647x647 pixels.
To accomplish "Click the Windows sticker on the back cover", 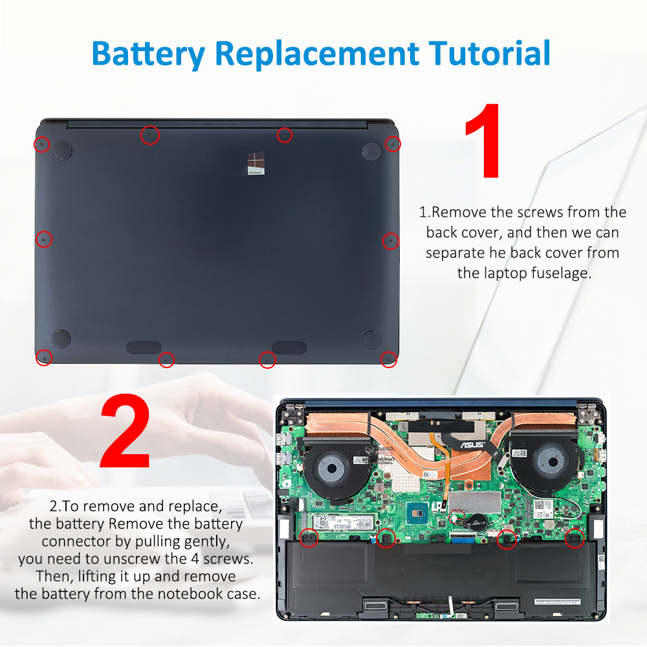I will pyautogui.click(x=257, y=163).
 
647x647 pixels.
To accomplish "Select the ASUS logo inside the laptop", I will pyautogui.click(x=472, y=444).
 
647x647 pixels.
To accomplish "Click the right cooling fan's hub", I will pyautogui.click(x=547, y=463).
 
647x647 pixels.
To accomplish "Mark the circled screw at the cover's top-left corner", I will pyautogui.click(x=42, y=144).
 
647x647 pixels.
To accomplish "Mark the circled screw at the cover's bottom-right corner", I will pyautogui.click(x=388, y=359).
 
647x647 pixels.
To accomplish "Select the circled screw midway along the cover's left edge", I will pyautogui.click(x=43, y=239).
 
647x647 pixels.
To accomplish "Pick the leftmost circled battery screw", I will pyautogui.click(x=309, y=537).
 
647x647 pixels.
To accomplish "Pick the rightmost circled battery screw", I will pyautogui.click(x=575, y=537).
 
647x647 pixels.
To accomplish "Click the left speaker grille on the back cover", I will pyautogui.click(x=144, y=347).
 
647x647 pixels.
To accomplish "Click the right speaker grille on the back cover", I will pyautogui.click(x=289, y=347).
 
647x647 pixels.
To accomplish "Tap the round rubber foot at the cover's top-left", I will pyautogui.click(x=62, y=151).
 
